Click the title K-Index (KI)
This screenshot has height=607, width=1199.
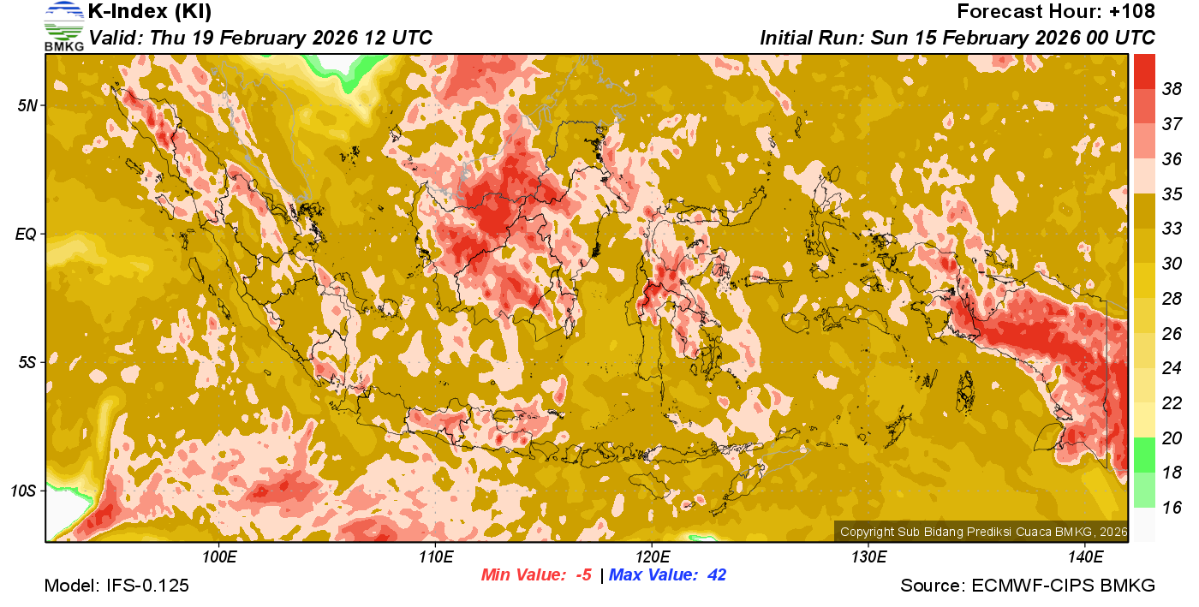point(150,12)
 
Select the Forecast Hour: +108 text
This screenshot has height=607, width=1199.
point(1056,12)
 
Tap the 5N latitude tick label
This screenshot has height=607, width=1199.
point(27,105)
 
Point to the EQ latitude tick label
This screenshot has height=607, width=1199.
point(26,234)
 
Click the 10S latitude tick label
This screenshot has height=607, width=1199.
point(23,491)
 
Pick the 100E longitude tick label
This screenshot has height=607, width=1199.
point(219,556)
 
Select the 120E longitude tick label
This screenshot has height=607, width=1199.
point(652,556)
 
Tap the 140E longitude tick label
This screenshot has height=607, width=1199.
point(1085,556)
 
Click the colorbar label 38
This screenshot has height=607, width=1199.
point(1171,89)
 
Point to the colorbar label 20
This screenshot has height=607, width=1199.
point(1171,437)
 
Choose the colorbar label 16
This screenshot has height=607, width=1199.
point(1171,508)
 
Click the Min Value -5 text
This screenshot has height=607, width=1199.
point(537,574)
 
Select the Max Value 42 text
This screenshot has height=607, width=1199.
point(667,574)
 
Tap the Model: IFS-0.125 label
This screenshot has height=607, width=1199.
point(116,586)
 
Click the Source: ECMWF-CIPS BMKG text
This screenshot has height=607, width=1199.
point(1028,586)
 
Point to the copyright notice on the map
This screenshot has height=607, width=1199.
point(983,532)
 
